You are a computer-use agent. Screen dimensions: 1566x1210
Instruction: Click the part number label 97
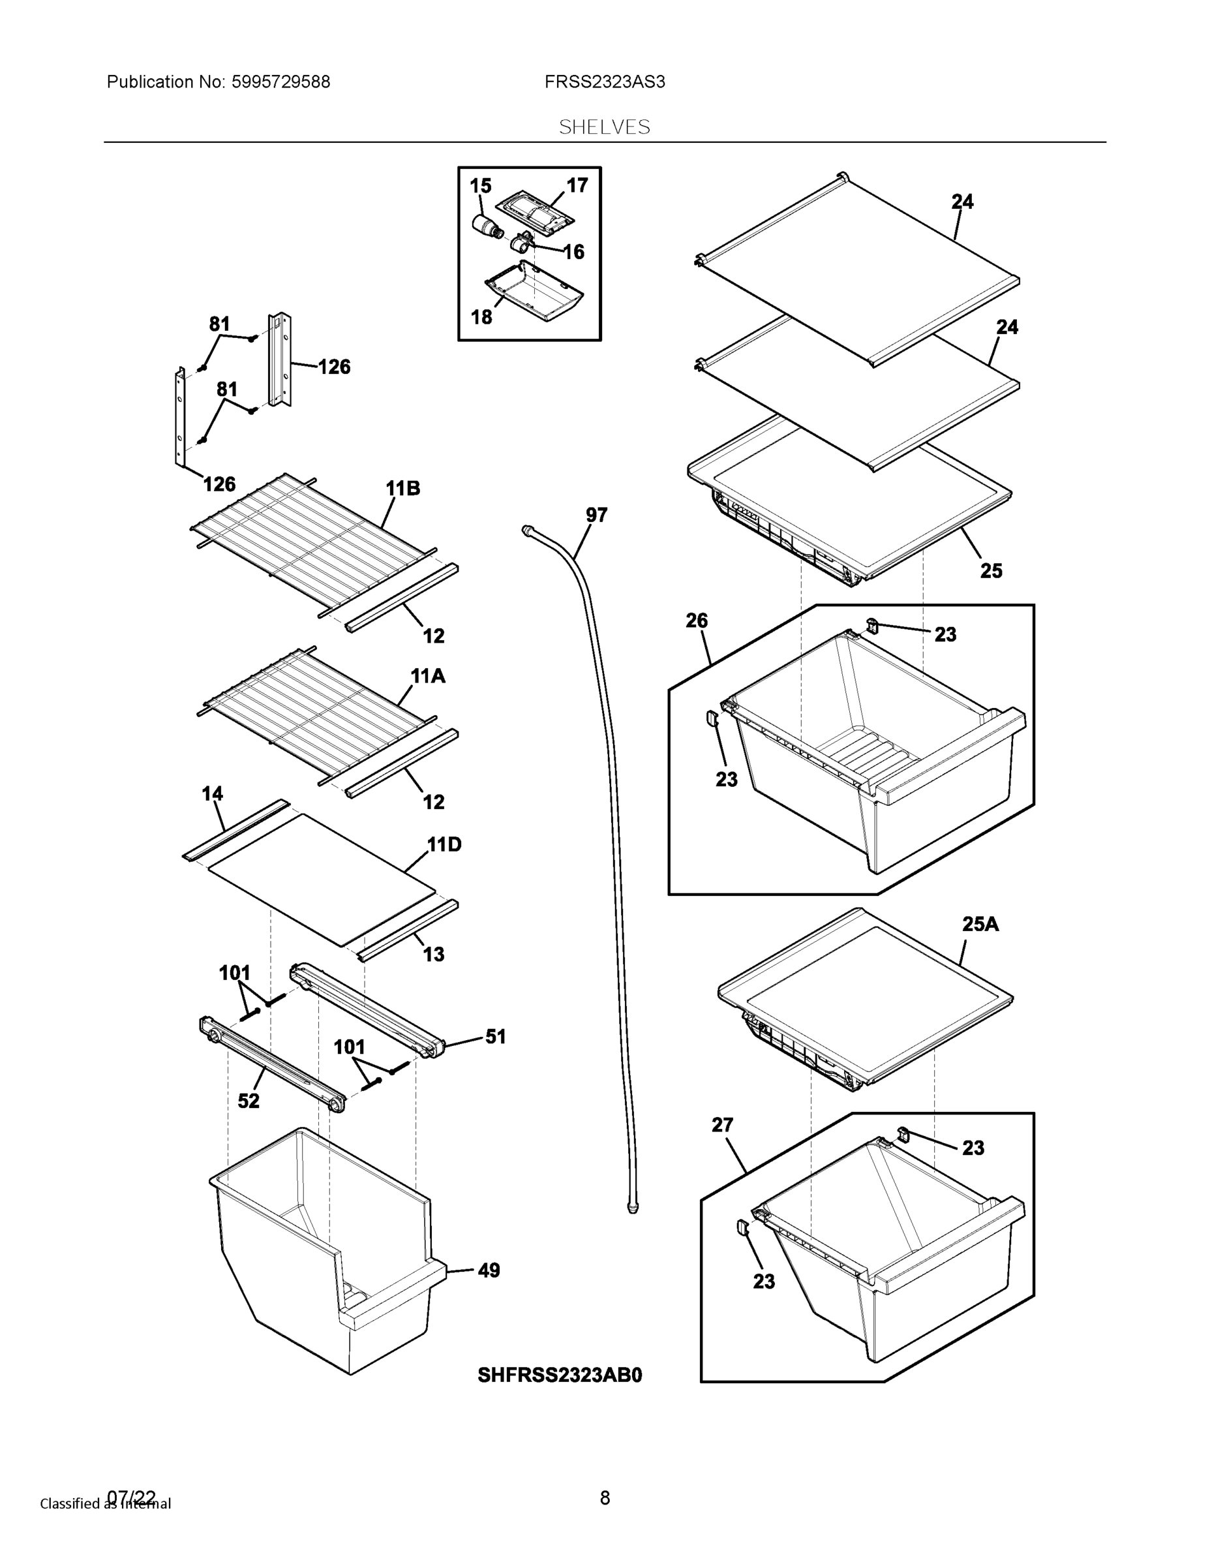pyautogui.click(x=596, y=515)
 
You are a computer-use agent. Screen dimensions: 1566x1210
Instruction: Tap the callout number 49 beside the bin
pyautogui.click(x=488, y=1270)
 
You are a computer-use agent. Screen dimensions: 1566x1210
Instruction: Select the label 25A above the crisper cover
pyautogui.click(x=980, y=924)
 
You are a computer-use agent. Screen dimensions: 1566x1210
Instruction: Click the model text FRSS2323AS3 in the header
pyautogui.click(x=604, y=82)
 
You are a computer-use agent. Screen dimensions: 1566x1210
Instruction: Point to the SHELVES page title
pyautogui.click(x=604, y=127)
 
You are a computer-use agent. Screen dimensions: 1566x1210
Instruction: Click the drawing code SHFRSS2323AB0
pyautogui.click(x=560, y=1375)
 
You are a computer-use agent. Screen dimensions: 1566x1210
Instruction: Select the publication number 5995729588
pyautogui.click(x=280, y=82)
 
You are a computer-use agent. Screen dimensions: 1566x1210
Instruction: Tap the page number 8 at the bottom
pyautogui.click(x=604, y=1497)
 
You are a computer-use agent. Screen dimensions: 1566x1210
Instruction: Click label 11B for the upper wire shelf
pyautogui.click(x=403, y=488)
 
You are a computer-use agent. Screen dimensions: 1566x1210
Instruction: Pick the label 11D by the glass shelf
pyautogui.click(x=444, y=845)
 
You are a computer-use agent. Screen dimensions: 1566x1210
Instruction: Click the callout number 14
pyautogui.click(x=212, y=793)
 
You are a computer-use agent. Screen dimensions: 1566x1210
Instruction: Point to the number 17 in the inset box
pyautogui.click(x=577, y=185)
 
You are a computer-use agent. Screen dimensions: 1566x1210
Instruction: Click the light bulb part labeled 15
pyautogui.click(x=488, y=225)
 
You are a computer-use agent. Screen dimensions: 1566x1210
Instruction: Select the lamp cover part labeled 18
pyautogui.click(x=534, y=292)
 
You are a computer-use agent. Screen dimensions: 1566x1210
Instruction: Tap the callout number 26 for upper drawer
pyautogui.click(x=697, y=621)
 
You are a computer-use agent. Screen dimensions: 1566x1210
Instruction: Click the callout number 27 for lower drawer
pyautogui.click(x=722, y=1125)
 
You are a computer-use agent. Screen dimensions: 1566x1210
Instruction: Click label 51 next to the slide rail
pyautogui.click(x=495, y=1036)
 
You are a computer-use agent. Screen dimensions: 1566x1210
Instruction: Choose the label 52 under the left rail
pyautogui.click(x=248, y=1101)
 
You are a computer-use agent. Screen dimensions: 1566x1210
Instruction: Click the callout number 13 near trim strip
pyautogui.click(x=434, y=954)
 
